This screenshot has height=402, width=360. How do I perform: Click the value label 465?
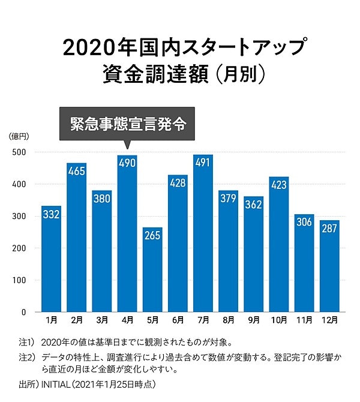pyautogui.click(x=77, y=172)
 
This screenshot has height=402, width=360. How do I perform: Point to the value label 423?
pyautogui.click(x=279, y=185)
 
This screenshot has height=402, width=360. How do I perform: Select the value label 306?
pyautogui.click(x=304, y=223)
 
